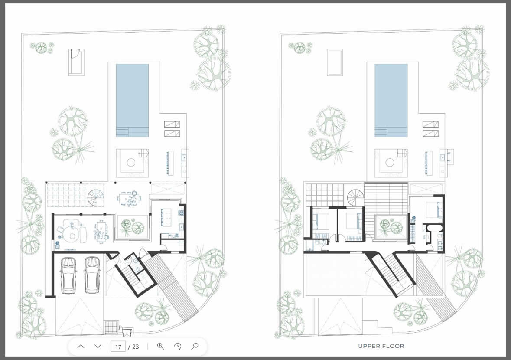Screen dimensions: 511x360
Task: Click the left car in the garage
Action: click(x=68, y=275)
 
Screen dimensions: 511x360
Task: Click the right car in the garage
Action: click(x=92, y=275)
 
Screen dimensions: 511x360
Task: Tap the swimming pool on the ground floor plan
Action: click(x=132, y=100)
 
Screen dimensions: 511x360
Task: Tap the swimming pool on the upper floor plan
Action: click(x=391, y=100)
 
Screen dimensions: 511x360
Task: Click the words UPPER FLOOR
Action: click(x=381, y=346)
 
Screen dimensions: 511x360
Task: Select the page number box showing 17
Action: click(x=118, y=347)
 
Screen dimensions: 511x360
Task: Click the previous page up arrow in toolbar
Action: click(x=81, y=346)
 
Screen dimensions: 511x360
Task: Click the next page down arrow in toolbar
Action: click(x=98, y=346)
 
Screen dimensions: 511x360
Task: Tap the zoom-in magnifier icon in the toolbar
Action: click(x=161, y=346)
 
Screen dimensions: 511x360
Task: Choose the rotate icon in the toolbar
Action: click(x=178, y=346)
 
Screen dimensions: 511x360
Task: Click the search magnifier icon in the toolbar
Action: click(x=195, y=346)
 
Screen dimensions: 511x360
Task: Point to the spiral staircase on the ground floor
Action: click(x=96, y=197)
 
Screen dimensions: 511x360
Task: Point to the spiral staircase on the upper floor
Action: click(x=355, y=197)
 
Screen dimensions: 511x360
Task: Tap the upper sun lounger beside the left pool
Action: click(x=172, y=124)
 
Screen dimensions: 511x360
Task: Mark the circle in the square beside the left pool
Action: click(x=131, y=162)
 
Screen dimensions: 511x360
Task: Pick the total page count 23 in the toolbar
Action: click(x=135, y=347)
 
